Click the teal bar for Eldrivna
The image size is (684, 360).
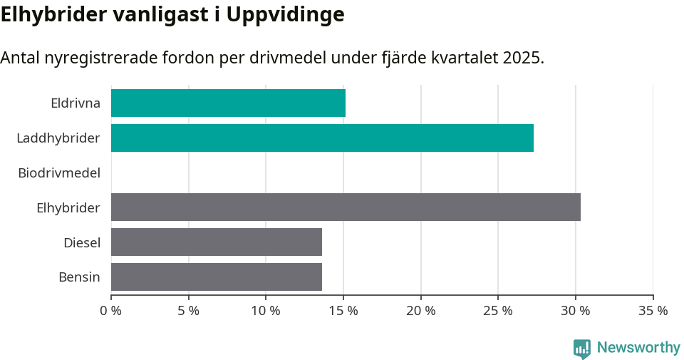[228, 103]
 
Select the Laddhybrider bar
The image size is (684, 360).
[322, 138]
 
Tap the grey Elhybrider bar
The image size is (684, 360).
[346, 207]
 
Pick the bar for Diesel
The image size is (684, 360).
[217, 242]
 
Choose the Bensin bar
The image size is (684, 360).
[217, 277]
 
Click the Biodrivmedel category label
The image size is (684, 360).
[59, 173]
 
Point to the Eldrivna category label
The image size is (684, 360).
[76, 103]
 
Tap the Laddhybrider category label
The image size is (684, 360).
[58, 138]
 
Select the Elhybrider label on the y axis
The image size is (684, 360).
[68, 207]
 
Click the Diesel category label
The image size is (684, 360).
[82, 242]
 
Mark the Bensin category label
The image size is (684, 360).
[79, 277]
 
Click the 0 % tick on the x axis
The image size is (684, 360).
[111, 311]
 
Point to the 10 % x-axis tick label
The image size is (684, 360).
[266, 311]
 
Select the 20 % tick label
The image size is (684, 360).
[421, 311]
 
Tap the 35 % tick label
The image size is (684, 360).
[653, 311]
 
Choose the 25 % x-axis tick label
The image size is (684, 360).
[498, 311]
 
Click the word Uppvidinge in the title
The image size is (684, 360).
[286, 14]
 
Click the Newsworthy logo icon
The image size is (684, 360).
[582, 348]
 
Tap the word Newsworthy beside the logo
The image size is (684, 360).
[638, 348]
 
